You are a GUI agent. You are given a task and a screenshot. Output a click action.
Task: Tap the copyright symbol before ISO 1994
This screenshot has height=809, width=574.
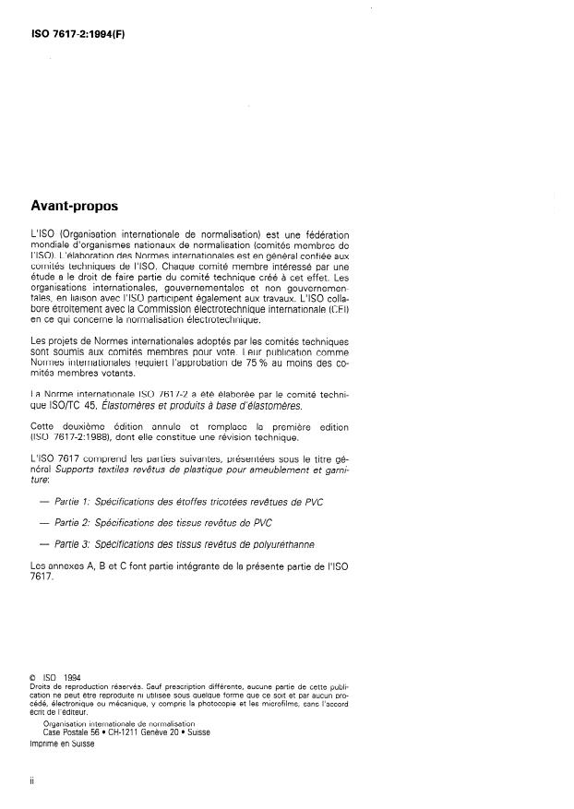(x=34, y=678)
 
